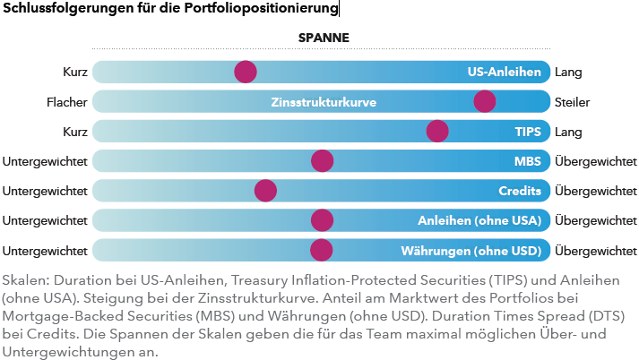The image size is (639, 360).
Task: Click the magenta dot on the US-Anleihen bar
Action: pos(245,72)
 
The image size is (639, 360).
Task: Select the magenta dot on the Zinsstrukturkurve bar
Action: pos(485,101)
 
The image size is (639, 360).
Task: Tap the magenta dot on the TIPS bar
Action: pos(437,131)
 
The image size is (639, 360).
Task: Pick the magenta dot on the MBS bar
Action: pos(322,161)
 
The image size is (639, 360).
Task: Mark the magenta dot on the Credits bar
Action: pos(265,191)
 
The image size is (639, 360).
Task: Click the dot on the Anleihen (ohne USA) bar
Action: pos(322,220)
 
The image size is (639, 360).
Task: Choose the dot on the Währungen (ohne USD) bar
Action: pos(322,250)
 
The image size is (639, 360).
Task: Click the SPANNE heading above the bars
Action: pos(323,39)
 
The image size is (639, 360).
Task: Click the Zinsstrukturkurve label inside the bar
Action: pos(324,102)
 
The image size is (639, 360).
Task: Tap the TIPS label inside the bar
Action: pos(528,132)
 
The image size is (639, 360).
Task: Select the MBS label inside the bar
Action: pos(528,161)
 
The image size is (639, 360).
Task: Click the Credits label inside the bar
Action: pos(520,191)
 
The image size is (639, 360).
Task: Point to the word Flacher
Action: pos(66,102)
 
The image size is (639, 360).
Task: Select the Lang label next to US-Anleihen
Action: pos(568,73)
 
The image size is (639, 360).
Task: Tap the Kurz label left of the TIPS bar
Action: pos(74,132)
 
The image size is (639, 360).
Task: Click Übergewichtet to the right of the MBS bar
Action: pos(596,161)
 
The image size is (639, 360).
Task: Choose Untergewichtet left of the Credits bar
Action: pos(45,191)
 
